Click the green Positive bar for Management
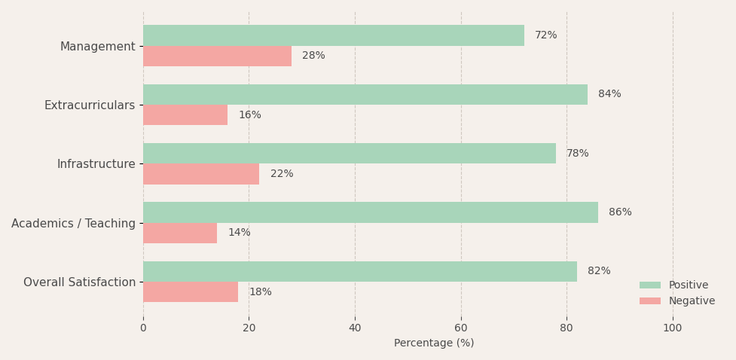[x=334, y=35]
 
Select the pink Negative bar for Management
[x=217, y=56]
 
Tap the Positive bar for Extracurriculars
[x=365, y=94]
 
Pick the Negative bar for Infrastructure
[x=201, y=174]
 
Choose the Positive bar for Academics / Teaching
[x=371, y=212]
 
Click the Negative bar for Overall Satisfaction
[x=191, y=292]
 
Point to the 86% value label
[x=620, y=212]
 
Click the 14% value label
[x=240, y=232]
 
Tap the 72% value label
[x=546, y=35]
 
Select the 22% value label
[x=282, y=174]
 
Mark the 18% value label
[x=261, y=292]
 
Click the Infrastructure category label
[x=96, y=164]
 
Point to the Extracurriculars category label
[x=90, y=105]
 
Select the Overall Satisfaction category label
[x=79, y=282]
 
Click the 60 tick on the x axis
[x=461, y=328]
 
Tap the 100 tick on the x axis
[x=673, y=328]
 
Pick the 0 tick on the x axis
[x=143, y=328]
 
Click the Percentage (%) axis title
[x=434, y=343]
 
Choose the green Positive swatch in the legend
[x=649, y=285]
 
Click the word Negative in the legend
[x=692, y=301]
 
